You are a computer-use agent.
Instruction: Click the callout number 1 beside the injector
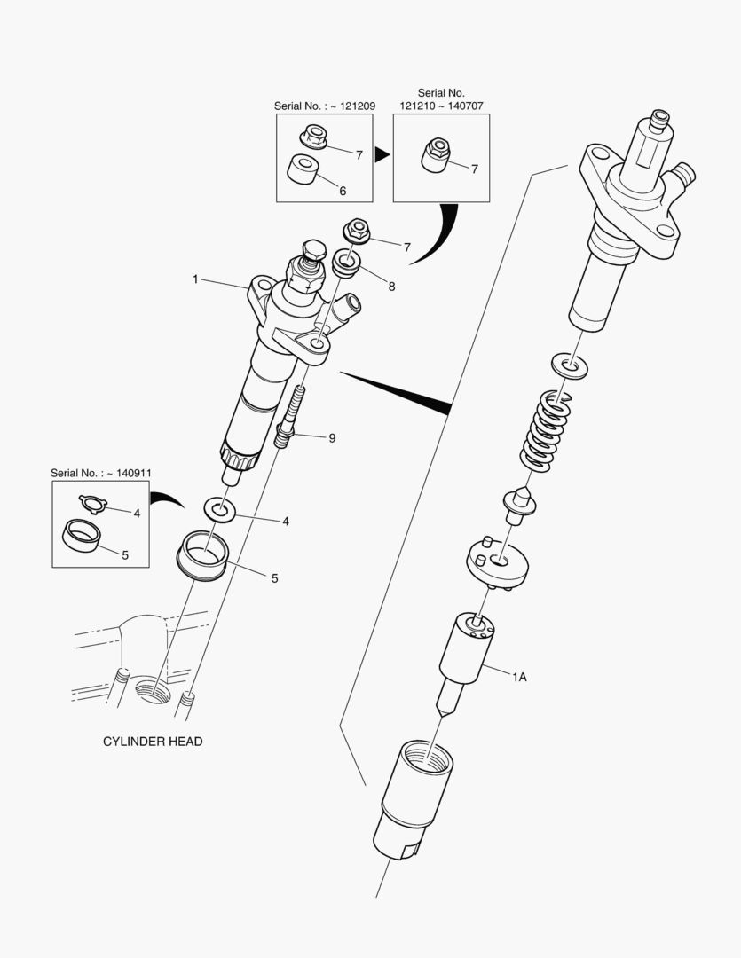tap(194, 279)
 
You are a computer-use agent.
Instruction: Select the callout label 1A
tap(519, 677)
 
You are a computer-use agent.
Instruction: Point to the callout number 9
tap(332, 438)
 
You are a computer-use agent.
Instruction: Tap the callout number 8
tap(391, 287)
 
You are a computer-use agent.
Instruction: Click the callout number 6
tap(343, 191)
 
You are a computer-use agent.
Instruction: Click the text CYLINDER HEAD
tap(153, 742)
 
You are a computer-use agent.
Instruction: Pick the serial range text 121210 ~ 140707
tap(442, 106)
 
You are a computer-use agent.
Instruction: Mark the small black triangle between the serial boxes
tap(382, 155)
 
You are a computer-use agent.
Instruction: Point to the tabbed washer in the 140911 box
tap(91, 503)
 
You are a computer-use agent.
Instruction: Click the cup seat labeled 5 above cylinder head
tap(203, 556)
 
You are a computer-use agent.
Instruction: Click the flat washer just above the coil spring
tap(569, 363)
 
